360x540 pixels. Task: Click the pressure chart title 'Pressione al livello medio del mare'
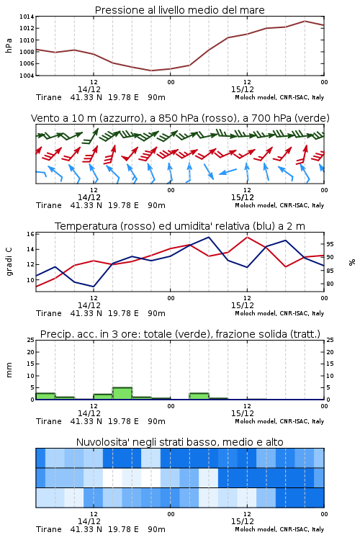179,10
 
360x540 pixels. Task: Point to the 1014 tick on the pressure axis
27,17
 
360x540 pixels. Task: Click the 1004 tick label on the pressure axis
27,76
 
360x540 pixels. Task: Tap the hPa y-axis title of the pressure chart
9,45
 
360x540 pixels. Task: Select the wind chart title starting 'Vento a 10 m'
180,118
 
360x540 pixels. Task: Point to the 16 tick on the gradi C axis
30,234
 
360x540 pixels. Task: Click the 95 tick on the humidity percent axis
330,244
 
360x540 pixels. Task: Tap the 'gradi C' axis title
9,262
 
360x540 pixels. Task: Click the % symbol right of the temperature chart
352,262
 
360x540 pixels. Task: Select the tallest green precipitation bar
122,394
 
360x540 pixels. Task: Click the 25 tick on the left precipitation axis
30,340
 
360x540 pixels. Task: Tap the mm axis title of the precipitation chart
9,370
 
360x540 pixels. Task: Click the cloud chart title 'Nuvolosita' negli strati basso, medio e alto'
179,442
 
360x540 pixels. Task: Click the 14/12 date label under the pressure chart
89,89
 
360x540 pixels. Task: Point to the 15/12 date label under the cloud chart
242,521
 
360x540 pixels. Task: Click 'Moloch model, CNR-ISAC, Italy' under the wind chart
279,205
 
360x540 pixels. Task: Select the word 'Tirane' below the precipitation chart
48,421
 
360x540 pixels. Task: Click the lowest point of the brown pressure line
151,71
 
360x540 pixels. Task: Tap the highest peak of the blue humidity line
208,237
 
